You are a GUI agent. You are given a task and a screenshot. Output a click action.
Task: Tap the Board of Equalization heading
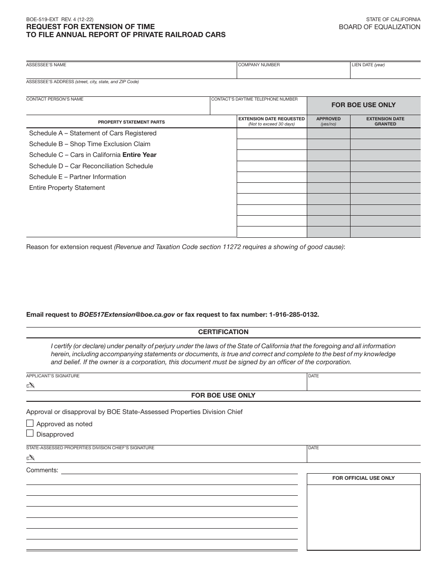pyautogui.click(x=379, y=27)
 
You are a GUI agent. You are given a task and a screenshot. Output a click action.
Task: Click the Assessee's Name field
pyautogui.click(x=131, y=71)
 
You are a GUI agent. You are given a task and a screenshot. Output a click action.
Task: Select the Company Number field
pyautogui.click(x=293, y=71)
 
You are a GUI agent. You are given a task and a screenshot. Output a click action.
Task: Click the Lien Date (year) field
pyautogui.click(x=385, y=71)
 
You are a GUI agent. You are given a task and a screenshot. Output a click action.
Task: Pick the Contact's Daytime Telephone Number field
pyautogui.click(x=258, y=107)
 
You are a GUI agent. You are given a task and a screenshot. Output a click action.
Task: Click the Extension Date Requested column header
pyautogui.click(x=271, y=121)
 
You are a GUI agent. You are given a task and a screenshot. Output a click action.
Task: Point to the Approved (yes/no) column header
pyautogui.click(x=328, y=121)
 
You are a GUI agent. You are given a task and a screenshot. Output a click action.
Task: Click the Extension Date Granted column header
pyautogui.click(x=385, y=121)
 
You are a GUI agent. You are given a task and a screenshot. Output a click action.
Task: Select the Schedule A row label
pyautogui.click(x=93, y=133)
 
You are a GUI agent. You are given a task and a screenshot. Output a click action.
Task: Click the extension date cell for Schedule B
pyautogui.click(x=271, y=144)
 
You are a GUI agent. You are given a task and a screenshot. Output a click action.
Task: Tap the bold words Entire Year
pyautogui.click(x=139, y=155)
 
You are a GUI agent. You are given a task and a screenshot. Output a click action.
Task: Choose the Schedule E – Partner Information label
pyautogui.click(x=78, y=177)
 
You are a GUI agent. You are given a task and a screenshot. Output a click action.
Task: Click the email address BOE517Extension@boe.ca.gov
pyautogui.click(x=127, y=314)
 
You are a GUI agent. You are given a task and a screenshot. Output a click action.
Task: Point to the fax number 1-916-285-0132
pyautogui.click(x=294, y=314)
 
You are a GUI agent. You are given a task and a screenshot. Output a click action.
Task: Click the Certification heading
pyautogui.click(x=223, y=332)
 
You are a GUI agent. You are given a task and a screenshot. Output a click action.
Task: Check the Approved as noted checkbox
pyautogui.click(x=30, y=423)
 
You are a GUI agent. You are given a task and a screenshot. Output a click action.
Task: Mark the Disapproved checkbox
pyautogui.click(x=30, y=434)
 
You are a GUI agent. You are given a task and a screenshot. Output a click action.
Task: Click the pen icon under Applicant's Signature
pyautogui.click(x=31, y=385)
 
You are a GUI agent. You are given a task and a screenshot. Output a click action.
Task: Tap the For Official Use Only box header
pyautogui.click(x=363, y=478)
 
